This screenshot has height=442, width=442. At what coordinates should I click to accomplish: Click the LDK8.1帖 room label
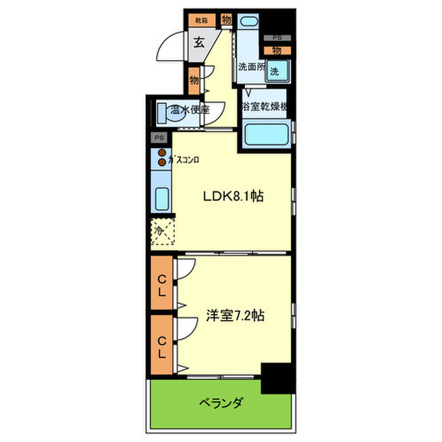pyautogui.click(x=233, y=196)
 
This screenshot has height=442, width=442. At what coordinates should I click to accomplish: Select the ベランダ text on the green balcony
pyautogui.click(x=222, y=402)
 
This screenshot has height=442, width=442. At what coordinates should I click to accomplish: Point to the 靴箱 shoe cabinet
pyautogui.click(x=201, y=21)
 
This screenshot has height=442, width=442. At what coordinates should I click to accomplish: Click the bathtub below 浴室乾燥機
pyautogui.click(x=266, y=134)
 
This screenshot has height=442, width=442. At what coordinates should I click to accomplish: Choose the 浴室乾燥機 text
pyautogui.click(x=266, y=107)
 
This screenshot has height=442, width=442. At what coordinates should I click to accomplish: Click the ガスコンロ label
pyautogui.click(x=184, y=160)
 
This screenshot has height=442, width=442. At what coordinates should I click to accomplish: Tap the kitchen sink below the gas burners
pyautogui.click(x=162, y=200)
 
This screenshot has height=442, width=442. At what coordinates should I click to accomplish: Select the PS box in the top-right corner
pyautogui.click(x=277, y=38)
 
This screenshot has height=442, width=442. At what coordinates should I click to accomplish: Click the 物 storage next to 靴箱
pyautogui.click(x=226, y=21)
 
